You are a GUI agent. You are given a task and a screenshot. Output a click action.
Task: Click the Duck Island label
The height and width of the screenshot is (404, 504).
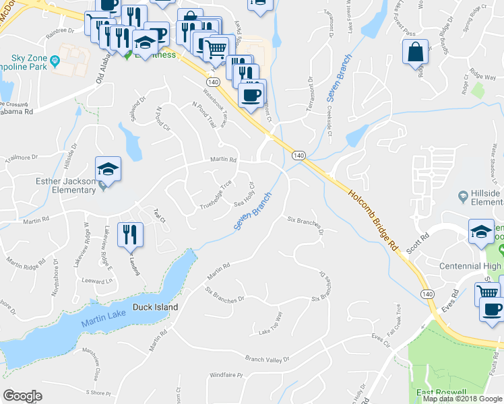(155, 307)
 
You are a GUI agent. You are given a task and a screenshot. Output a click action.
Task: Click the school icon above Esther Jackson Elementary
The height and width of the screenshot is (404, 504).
(108, 170)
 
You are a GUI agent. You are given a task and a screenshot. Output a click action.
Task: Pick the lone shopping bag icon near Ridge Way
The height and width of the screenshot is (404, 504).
(416, 52)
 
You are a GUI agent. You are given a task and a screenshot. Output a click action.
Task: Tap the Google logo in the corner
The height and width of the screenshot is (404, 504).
(23, 395)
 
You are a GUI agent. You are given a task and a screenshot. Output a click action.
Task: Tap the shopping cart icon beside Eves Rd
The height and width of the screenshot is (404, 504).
(487, 293)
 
